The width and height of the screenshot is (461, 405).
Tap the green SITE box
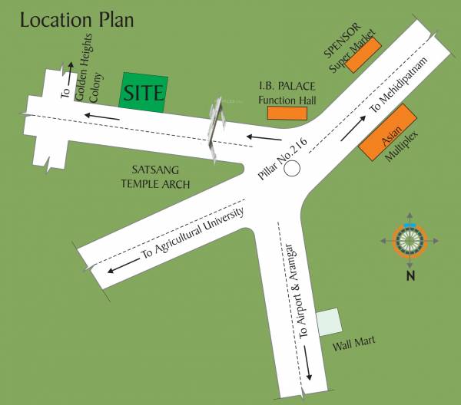141,94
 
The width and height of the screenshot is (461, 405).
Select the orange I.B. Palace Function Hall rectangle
287,114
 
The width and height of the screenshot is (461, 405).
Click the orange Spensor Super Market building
363,55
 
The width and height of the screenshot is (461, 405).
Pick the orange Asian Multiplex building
388,133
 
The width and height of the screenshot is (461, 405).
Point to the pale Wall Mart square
328,321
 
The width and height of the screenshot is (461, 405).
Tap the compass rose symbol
410,242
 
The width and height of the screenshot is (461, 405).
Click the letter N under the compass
410,275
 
